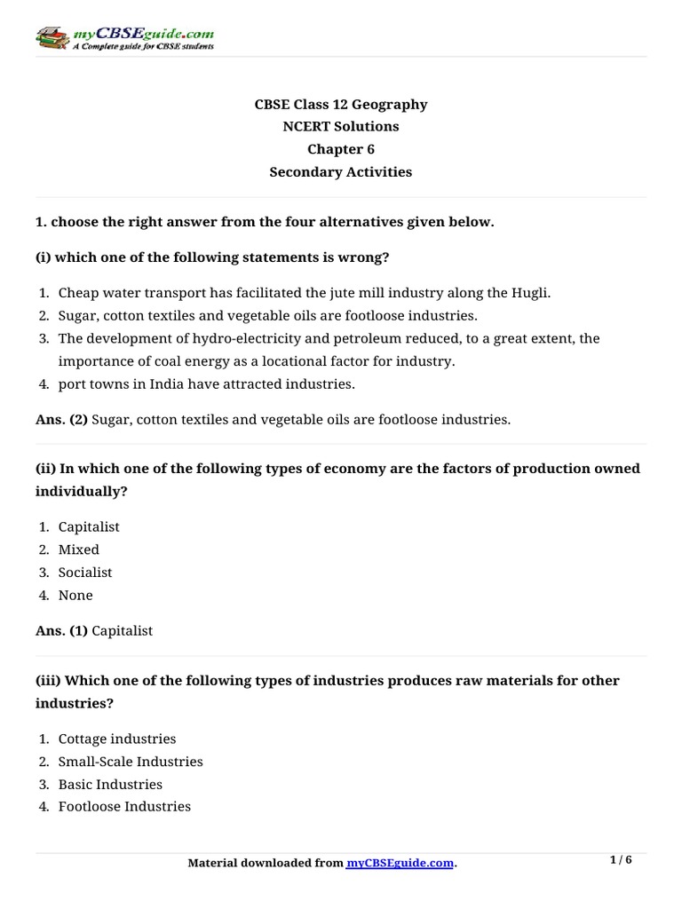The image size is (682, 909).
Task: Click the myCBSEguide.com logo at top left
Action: point(124,37)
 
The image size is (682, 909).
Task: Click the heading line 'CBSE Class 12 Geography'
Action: point(341,105)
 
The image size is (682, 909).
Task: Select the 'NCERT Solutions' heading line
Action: point(341,127)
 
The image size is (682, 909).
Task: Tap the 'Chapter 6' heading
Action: point(341,149)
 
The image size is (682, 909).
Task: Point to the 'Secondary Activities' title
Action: point(341,172)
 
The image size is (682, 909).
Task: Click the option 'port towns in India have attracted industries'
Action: point(206,384)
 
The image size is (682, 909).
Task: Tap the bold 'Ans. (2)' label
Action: point(61,419)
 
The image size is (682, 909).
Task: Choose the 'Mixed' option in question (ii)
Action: point(79,549)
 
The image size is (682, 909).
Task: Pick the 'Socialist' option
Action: point(85,573)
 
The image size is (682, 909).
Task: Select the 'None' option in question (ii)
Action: point(75,595)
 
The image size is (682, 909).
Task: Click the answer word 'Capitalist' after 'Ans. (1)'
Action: point(123,630)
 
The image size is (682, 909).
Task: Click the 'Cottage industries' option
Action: point(117,739)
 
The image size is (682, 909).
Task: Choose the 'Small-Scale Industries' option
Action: point(131,762)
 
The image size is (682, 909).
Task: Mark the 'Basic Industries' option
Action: point(110,785)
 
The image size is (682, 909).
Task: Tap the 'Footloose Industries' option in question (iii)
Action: point(124,807)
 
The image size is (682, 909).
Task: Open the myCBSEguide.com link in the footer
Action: point(400,863)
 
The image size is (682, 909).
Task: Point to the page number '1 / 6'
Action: point(622,860)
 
